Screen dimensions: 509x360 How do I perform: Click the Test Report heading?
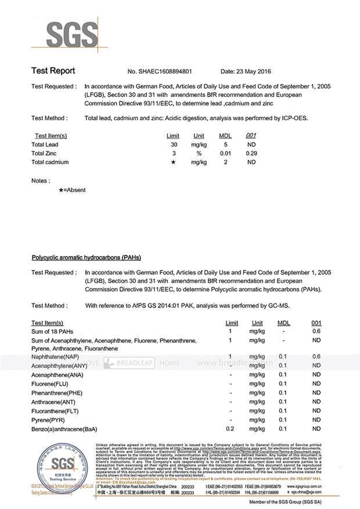click(53, 71)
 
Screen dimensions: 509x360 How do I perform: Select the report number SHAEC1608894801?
click(165, 71)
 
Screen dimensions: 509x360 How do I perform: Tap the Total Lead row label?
click(45, 144)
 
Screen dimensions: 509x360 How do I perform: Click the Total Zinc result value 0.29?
click(251, 153)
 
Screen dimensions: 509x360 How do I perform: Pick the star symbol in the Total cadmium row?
click(174, 163)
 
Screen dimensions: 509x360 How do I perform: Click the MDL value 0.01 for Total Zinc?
click(225, 153)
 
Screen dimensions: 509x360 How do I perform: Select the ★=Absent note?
click(72, 190)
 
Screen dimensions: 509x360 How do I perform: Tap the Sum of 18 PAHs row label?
click(53, 331)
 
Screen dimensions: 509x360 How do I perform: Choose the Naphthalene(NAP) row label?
click(55, 356)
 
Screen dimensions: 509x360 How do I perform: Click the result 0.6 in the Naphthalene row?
click(316, 356)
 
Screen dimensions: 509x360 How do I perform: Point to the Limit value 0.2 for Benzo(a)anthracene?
click(230, 429)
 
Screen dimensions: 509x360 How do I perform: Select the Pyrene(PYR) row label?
click(48, 420)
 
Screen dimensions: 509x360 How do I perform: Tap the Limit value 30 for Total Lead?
click(174, 144)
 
